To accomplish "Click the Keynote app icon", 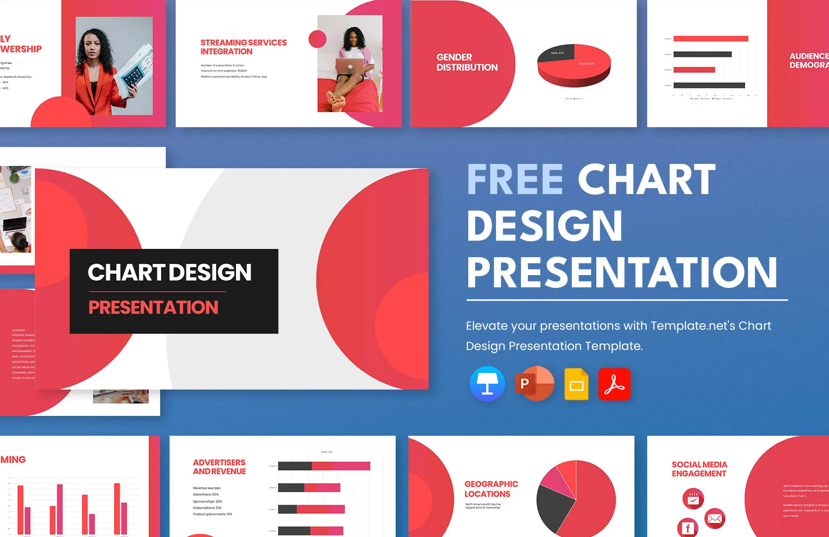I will (x=487, y=384).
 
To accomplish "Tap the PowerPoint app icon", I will (x=534, y=383).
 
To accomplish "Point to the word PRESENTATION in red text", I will (x=153, y=308).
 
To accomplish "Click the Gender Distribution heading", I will (x=466, y=62).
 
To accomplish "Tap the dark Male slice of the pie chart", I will (x=556, y=55).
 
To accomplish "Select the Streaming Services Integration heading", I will (x=243, y=47).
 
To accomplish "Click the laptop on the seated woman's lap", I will (x=350, y=66).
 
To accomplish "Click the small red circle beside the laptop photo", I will (x=317, y=39).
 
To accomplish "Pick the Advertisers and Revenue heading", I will (x=219, y=467).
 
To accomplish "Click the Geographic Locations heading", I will (x=491, y=489).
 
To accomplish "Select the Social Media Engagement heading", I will (x=699, y=469).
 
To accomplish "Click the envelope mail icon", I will (x=715, y=519).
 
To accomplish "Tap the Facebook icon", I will (x=688, y=528).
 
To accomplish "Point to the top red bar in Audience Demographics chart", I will (x=710, y=39).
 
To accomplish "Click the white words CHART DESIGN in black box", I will (x=170, y=272).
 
